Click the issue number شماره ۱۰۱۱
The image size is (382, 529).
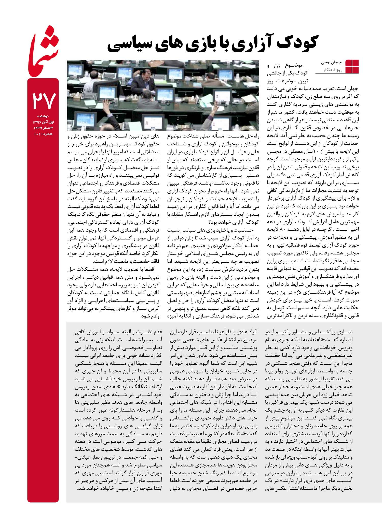click(x=43, y=134)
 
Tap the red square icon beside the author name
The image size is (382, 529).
click(x=352, y=66)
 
